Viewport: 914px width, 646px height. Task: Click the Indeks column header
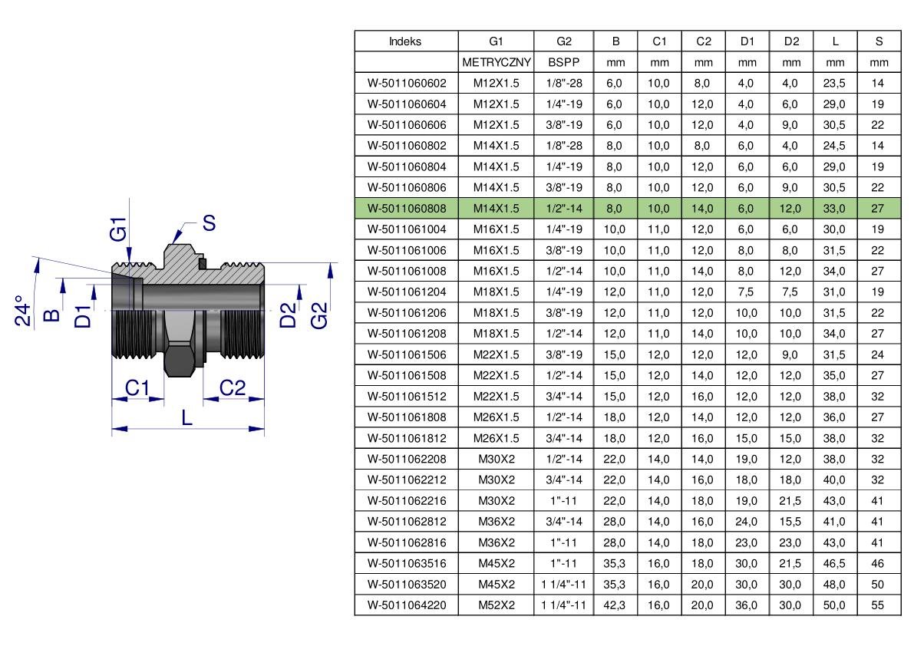(x=405, y=41)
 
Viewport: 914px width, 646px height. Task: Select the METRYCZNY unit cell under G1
(x=496, y=62)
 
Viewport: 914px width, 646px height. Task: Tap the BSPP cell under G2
(x=564, y=62)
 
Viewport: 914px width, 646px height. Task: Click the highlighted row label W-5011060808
(x=407, y=209)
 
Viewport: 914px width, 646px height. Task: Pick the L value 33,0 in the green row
(x=834, y=209)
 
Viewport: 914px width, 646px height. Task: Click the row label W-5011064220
(x=407, y=605)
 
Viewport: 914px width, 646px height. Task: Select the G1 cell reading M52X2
(x=497, y=605)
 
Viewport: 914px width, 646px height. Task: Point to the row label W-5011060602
(x=407, y=84)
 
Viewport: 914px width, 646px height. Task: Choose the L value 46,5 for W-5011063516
(x=834, y=563)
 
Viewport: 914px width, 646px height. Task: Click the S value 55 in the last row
(x=878, y=605)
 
